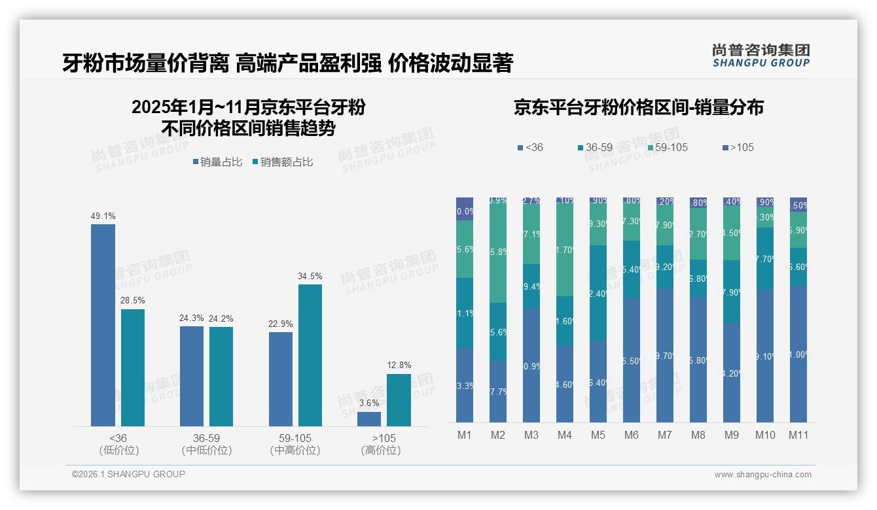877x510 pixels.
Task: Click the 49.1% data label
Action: point(103,216)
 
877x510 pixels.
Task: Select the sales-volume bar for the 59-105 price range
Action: point(281,379)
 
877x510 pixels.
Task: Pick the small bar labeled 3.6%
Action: point(369,419)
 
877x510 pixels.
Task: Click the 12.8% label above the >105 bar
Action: point(399,365)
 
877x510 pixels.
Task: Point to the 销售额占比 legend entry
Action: point(282,162)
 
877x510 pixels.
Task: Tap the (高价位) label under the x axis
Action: point(380,450)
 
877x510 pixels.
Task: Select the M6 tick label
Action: point(632,435)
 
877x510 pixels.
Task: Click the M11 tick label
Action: point(798,435)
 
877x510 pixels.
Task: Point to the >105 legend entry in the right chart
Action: point(738,148)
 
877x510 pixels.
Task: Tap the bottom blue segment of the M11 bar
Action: point(798,354)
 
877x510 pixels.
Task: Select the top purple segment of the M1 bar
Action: point(465,209)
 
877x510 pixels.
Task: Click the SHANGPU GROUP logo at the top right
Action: point(761,55)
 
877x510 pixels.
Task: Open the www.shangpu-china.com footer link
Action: point(762,475)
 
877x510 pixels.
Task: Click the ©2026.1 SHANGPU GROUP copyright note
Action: point(128,474)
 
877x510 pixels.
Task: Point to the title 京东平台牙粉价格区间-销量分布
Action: point(638,109)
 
